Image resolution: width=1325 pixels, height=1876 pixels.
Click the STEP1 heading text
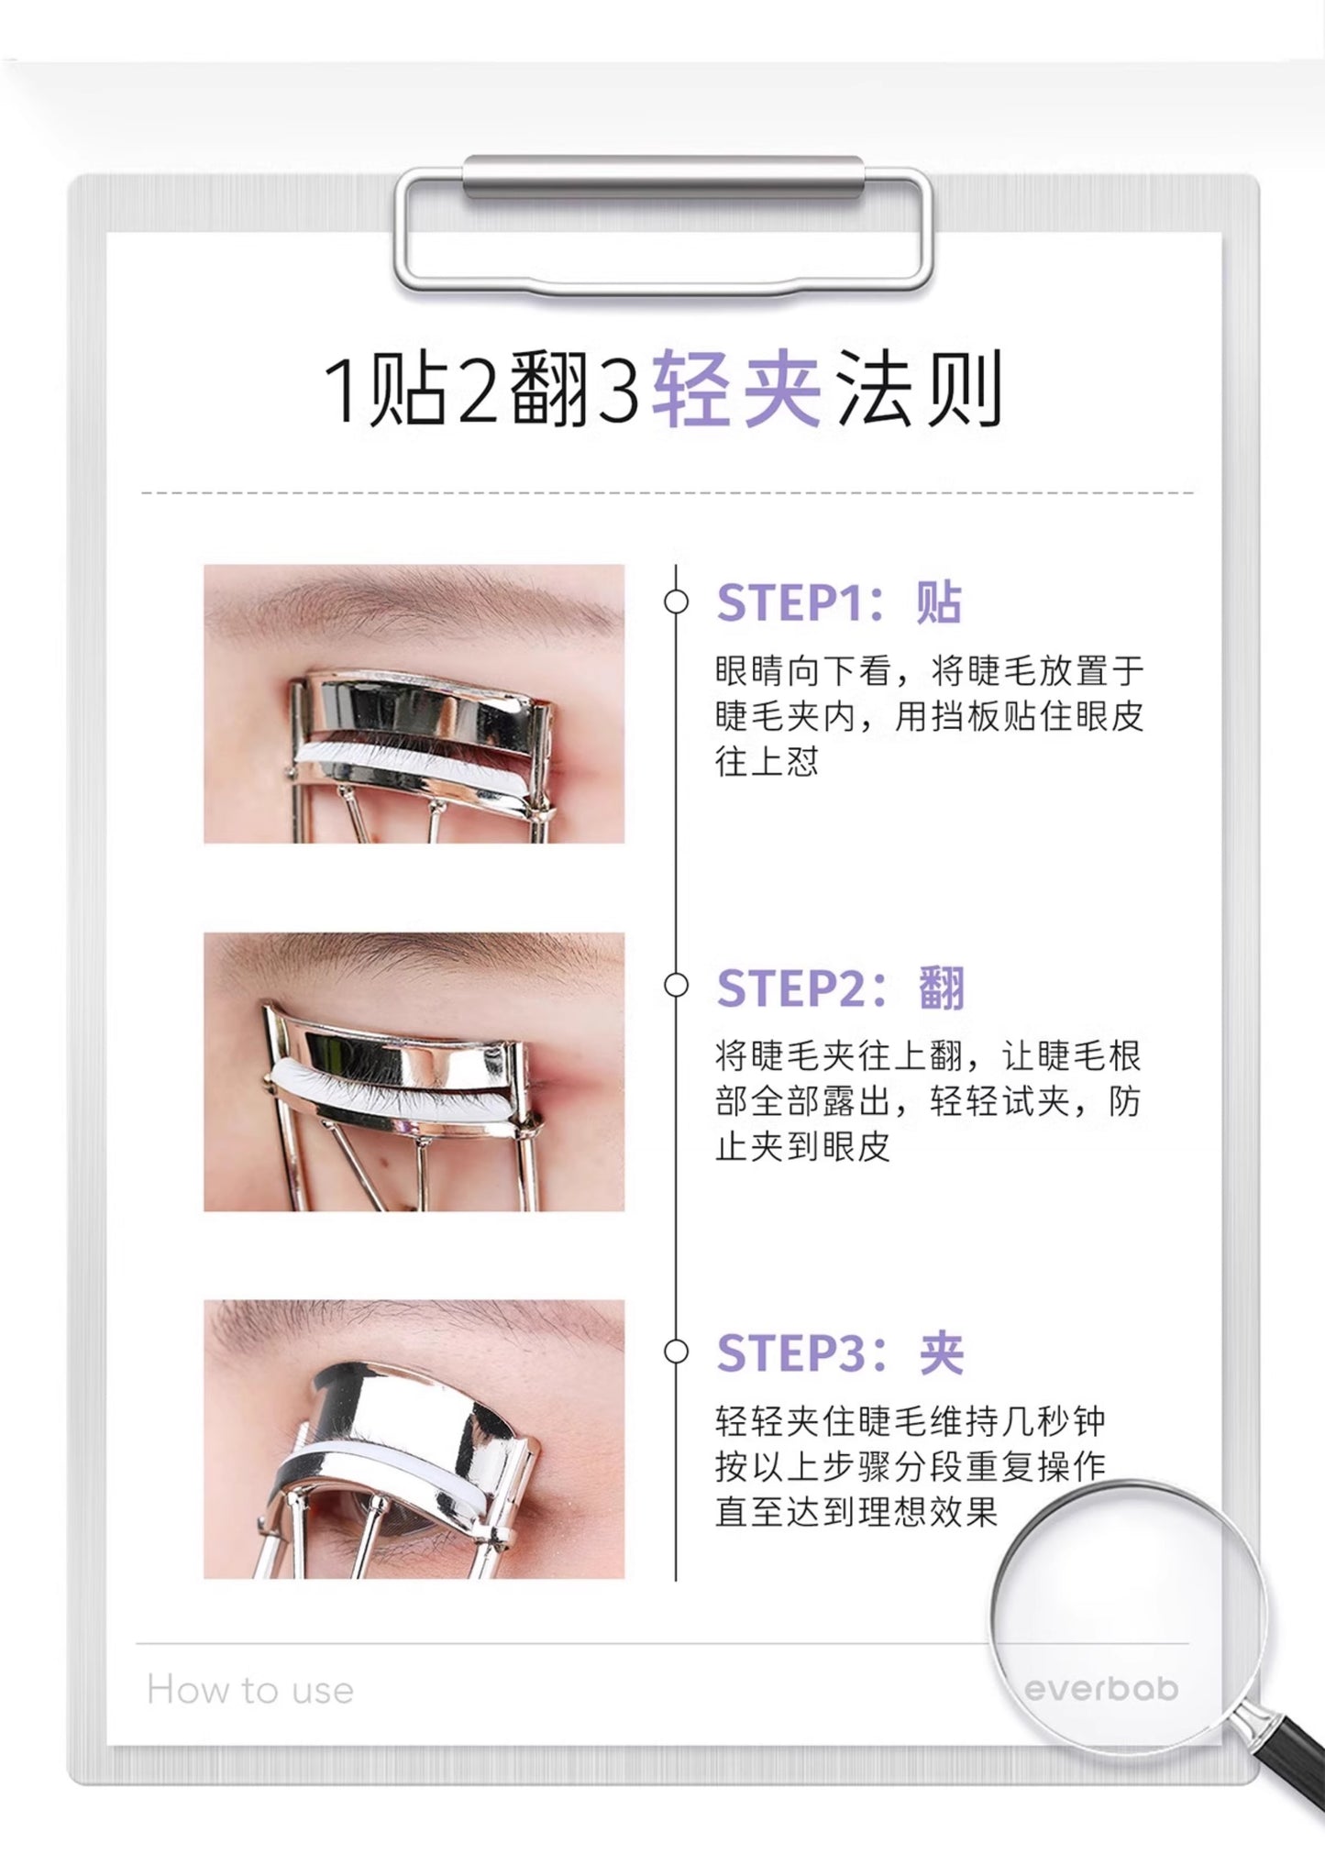tap(838, 603)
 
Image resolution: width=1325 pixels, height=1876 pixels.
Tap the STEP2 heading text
tap(840, 988)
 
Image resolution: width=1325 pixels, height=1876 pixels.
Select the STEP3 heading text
tap(840, 1353)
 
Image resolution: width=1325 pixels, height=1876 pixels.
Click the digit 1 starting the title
tap(344, 391)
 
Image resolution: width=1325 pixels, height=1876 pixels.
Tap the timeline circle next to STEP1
tap(676, 602)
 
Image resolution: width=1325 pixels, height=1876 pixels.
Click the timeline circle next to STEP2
tap(676, 986)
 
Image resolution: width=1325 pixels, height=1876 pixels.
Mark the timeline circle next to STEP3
tap(676, 1352)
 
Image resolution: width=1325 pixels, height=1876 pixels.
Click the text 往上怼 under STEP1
tap(767, 762)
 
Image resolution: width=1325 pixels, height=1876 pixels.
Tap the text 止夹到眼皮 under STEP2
tap(802, 1147)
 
